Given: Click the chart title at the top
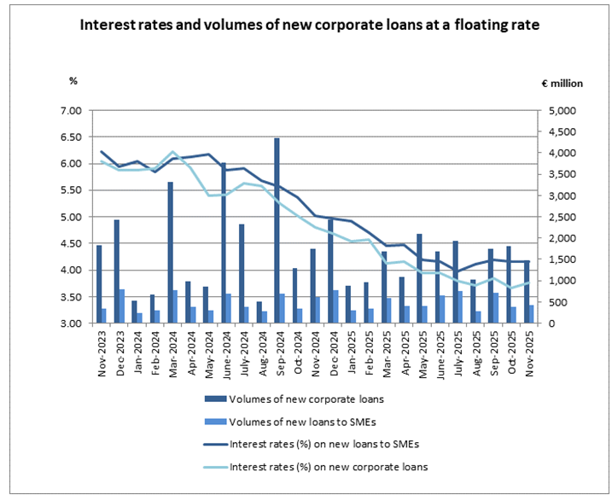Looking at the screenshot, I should click(x=309, y=26).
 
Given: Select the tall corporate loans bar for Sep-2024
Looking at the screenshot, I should click(x=277, y=230).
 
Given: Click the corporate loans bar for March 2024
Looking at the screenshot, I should click(x=170, y=253).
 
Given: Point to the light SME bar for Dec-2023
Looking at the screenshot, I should click(x=122, y=306).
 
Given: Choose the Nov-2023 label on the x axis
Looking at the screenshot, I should click(x=100, y=351).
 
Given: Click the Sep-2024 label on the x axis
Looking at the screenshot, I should click(x=277, y=351).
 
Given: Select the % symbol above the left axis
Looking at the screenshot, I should click(x=73, y=81).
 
